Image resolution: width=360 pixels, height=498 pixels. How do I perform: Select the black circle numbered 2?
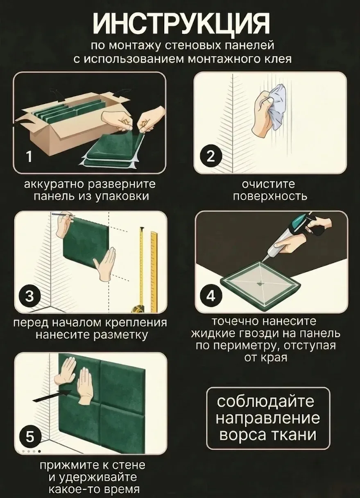[x=211, y=156]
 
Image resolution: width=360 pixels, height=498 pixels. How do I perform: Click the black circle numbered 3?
[x=29, y=297]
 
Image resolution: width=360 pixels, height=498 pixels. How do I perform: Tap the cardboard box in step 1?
[x=67, y=124]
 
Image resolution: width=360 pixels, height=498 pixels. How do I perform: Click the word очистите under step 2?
[x=268, y=184]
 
